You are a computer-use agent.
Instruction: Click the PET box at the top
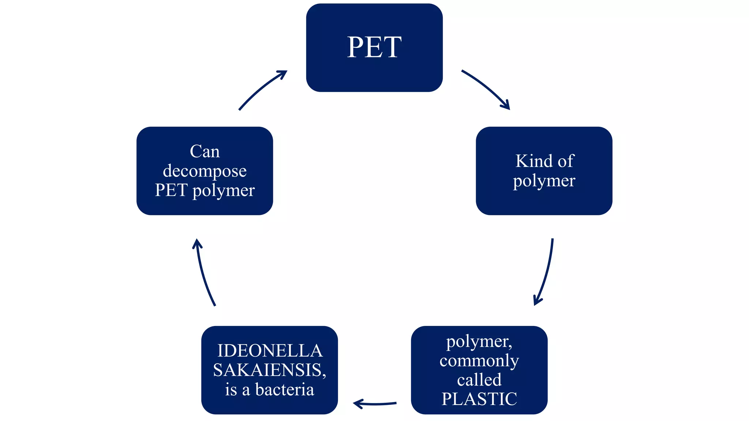coord(374,48)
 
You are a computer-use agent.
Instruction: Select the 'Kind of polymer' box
coord(544,171)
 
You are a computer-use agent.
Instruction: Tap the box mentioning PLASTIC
coord(479,370)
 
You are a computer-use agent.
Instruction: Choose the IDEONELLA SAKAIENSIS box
coord(270,370)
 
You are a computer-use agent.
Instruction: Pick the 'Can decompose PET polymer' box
coord(205,171)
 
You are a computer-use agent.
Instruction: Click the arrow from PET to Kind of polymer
coord(486,89)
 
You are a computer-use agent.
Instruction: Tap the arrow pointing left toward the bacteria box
coord(375,404)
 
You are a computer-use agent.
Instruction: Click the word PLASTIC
coord(479,399)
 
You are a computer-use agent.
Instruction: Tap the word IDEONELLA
coord(270,351)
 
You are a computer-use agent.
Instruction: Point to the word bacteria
coord(285,390)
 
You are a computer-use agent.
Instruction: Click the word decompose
coord(205,171)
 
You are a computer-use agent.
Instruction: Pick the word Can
coord(205,151)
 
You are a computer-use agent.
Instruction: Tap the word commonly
coord(479,361)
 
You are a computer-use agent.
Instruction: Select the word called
coord(479,380)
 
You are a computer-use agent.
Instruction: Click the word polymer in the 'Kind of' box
coord(544,181)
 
